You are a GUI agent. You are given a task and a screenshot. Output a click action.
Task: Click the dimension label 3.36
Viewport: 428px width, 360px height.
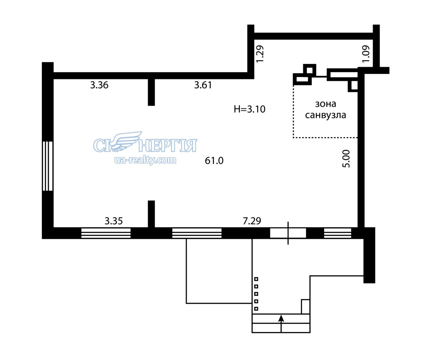(99, 85)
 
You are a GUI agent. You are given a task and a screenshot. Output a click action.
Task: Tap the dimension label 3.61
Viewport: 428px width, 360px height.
(203, 85)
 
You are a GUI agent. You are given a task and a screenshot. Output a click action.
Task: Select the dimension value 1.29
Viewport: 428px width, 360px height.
(260, 54)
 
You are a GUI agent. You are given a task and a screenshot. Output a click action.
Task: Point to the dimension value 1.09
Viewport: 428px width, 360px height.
(366, 54)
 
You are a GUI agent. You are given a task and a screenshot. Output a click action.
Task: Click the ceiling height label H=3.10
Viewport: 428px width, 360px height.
(250, 109)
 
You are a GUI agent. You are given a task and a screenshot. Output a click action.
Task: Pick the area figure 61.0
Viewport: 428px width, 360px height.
(214, 161)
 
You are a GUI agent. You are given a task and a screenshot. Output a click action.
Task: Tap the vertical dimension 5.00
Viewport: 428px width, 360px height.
(346, 159)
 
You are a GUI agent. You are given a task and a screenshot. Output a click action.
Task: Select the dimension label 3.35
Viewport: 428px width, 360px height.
(114, 221)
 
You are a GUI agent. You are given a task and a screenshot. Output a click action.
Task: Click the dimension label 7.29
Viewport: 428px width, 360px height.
(252, 221)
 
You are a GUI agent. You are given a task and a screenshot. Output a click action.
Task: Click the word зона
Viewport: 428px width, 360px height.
(325, 104)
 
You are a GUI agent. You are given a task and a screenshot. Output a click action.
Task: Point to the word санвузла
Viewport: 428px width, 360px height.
(325, 115)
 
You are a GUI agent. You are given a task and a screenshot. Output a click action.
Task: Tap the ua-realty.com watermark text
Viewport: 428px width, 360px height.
(145, 160)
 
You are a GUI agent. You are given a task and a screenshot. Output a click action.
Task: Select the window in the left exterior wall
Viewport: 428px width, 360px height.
(48, 166)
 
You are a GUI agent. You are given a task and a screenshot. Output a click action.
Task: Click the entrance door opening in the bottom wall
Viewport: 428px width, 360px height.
(288, 233)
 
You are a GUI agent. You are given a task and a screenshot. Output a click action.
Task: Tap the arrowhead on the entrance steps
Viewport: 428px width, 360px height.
(281, 318)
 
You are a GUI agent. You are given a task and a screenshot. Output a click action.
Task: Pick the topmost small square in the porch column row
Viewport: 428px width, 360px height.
(256, 279)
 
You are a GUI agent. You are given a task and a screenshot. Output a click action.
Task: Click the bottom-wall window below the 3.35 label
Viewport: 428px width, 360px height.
(106, 233)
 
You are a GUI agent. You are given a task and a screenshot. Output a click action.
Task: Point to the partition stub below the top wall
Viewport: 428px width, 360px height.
(151, 92)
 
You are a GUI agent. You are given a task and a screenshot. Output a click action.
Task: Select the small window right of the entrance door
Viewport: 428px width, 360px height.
(338, 233)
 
